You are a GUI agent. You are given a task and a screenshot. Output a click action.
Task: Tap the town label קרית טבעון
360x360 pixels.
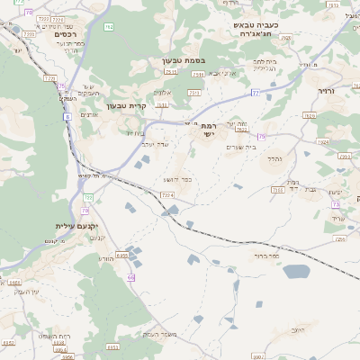click(x=125, y=106)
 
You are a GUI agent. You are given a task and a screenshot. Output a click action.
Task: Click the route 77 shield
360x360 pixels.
click(x=256, y=93)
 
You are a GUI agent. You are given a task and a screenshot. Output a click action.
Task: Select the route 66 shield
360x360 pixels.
click(x=131, y=277)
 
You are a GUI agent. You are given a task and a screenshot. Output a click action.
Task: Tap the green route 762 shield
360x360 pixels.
click(x=109, y=27)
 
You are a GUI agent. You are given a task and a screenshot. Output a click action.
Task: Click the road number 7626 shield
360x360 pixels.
click(x=310, y=116)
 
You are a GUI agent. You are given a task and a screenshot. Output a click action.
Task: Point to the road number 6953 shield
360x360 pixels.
click(x=121, y=256)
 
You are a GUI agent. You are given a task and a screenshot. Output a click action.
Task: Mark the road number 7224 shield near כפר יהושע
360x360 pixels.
click(x=166, y=194)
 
